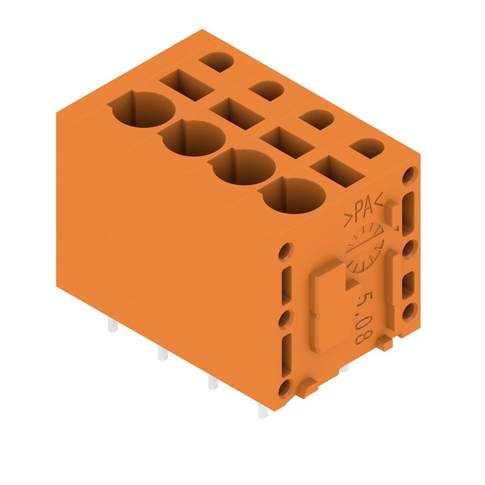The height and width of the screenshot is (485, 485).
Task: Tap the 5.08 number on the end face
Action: [362, 315]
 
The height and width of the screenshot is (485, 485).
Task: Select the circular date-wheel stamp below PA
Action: [365, 247]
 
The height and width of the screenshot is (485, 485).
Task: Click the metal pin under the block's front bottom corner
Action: [262, 411]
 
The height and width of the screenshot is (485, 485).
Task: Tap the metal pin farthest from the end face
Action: [112, 325]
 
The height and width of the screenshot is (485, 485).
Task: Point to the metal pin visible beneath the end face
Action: [345, 369]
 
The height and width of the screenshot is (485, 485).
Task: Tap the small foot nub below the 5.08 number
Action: [384, 344]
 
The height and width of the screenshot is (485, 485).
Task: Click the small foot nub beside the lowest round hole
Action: [307, 387]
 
